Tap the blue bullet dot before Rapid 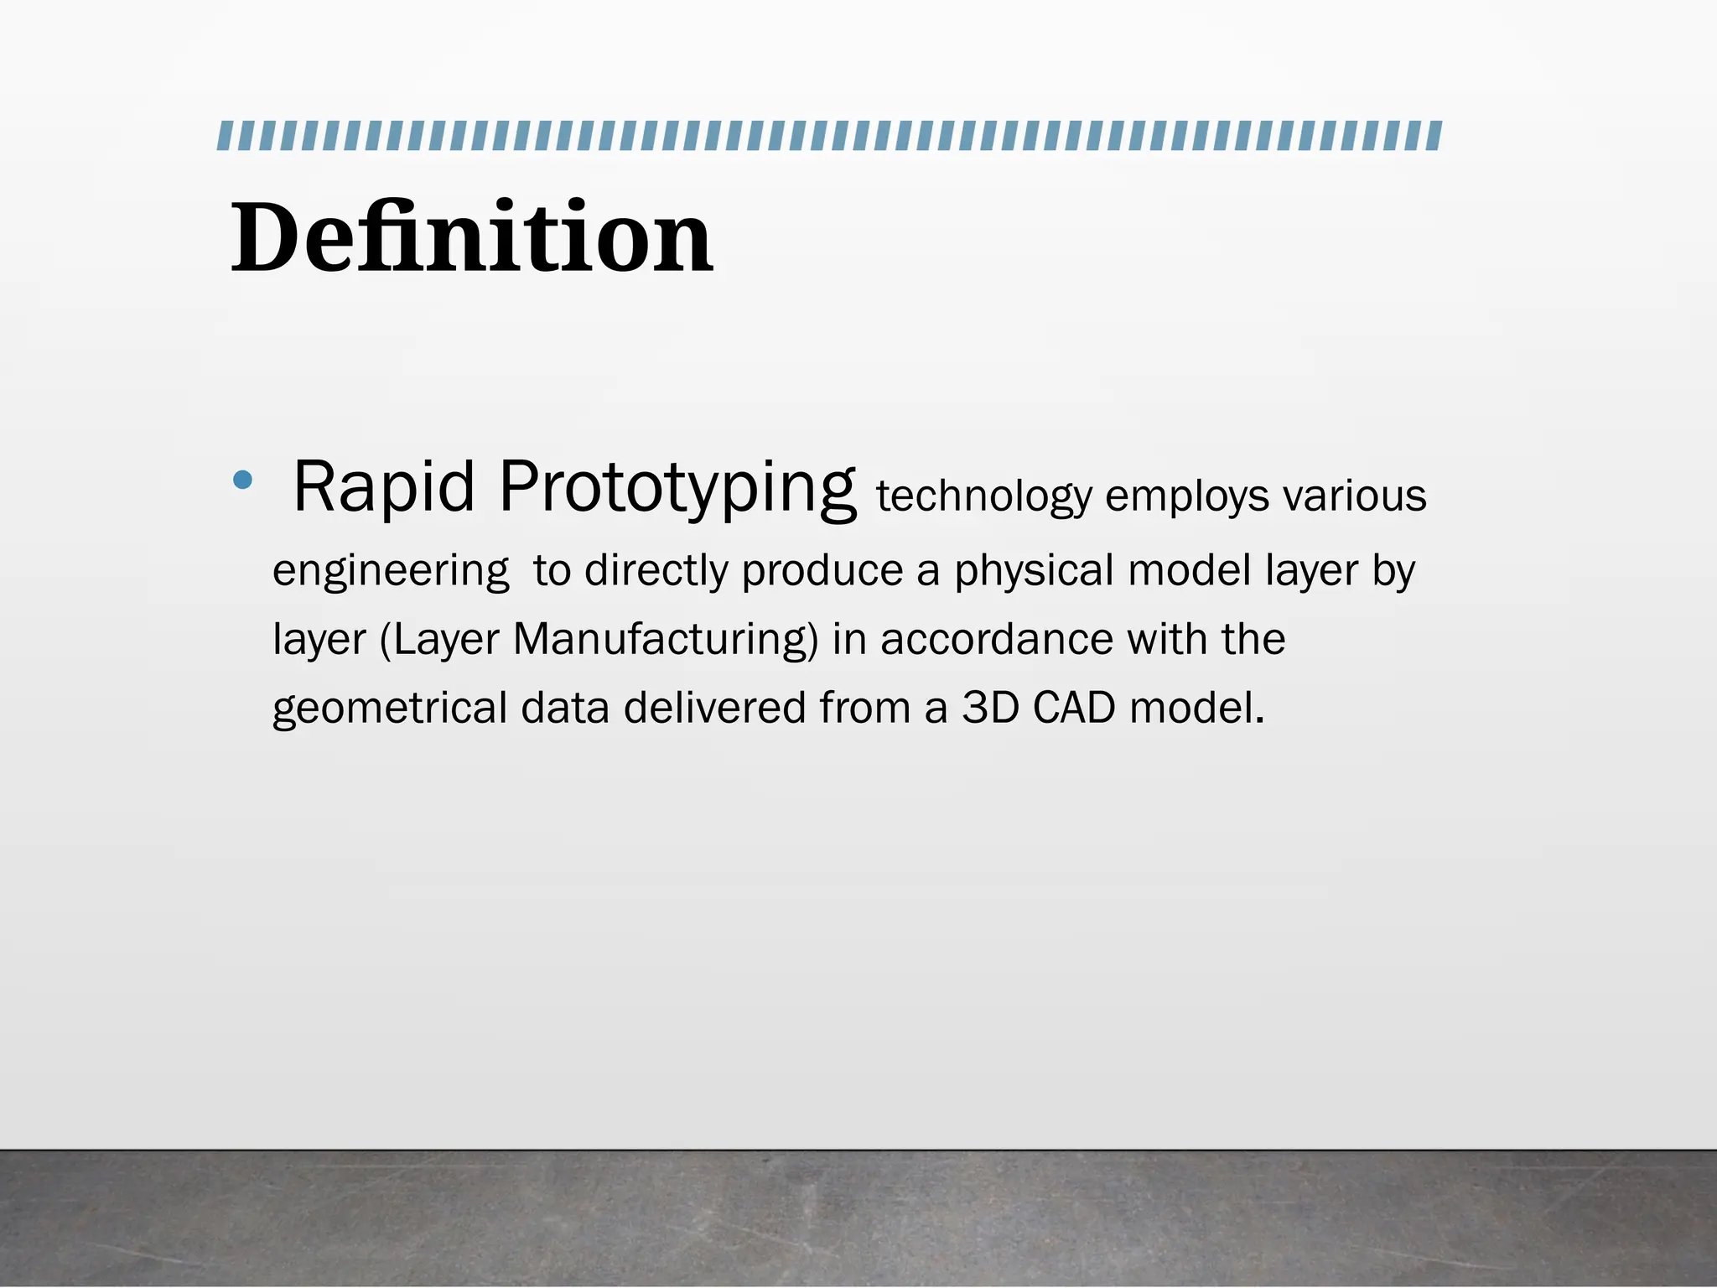coord(242,480)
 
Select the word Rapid coord(384,487)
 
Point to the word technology coord(984,496)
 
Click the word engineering coord(391,572)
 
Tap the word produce coord(822,572)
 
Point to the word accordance coord(997,639)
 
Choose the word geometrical coord(390,709)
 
